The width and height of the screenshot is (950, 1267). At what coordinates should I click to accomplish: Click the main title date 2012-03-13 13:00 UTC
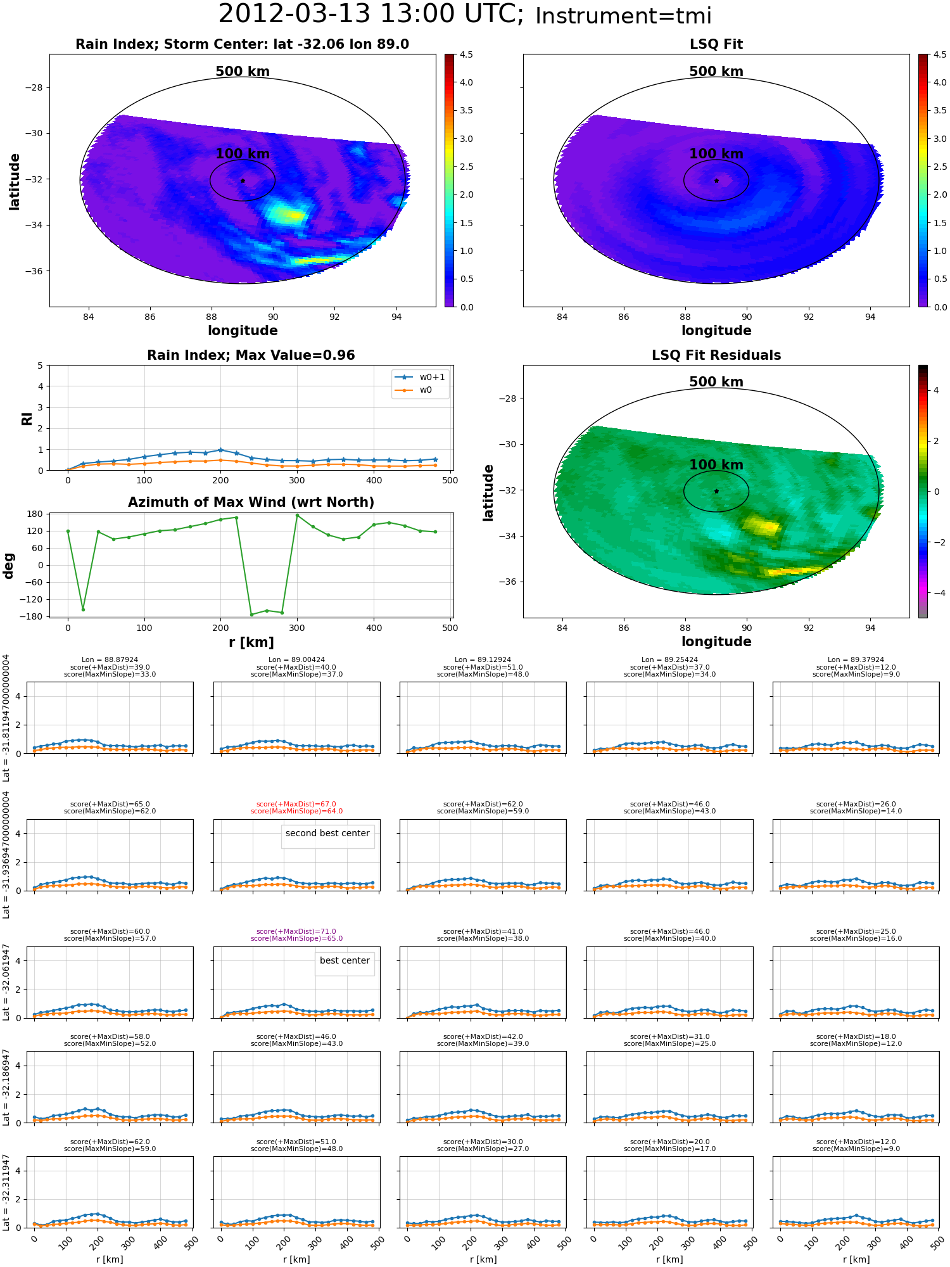point(371,15)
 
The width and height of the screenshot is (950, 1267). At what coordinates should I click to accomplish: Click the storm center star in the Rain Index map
point(243,181)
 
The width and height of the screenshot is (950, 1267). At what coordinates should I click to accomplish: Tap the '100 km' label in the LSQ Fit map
point(716,154)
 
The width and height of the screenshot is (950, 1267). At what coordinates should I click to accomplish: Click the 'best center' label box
point(345,960)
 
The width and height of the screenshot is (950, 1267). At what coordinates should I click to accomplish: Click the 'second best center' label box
point(327,833)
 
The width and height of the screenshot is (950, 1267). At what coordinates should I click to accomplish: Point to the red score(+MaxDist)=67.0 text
point(296,804)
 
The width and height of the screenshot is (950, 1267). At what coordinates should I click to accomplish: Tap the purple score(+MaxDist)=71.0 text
point(296,931)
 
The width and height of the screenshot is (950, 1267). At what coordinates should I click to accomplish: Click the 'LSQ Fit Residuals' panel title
point(716,355)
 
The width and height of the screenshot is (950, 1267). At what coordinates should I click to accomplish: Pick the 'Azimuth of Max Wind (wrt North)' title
point(251,502)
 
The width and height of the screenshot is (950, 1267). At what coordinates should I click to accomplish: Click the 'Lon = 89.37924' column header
point(856,659)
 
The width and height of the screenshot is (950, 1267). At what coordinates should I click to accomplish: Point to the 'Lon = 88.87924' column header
point(110,659)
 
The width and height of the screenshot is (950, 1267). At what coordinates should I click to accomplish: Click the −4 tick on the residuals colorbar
point(936,593)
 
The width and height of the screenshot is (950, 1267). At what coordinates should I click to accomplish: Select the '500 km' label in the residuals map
point(716,382)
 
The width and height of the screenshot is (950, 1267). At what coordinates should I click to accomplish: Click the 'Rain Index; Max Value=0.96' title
point(251,355)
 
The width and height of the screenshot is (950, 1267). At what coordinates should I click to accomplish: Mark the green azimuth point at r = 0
point(68,531)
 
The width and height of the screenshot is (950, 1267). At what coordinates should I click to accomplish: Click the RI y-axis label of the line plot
point(27,418)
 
